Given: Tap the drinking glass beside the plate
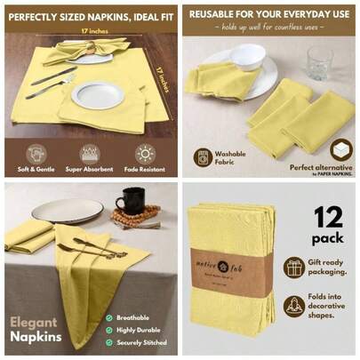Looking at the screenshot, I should click(319, 62).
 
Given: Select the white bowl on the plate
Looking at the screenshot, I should click(248, 57).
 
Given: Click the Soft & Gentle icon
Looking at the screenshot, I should click(36, 153).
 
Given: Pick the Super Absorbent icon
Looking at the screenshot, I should click(90, 153).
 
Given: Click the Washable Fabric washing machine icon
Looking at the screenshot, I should click(203, 156).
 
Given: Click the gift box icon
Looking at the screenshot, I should click(294, 267).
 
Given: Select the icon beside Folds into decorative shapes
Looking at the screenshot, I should click(294, 306).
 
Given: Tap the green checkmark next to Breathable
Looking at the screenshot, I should click(108, 317).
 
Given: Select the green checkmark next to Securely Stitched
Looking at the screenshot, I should click(108, 341).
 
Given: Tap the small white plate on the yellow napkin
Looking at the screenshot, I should click(97, 94).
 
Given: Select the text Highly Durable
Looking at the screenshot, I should click(140, 329).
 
